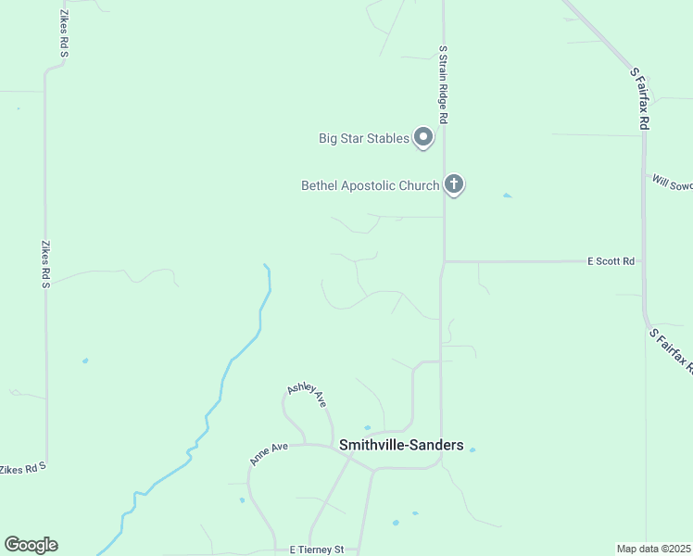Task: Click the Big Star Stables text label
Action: pyautogui.click(x=363, y=139)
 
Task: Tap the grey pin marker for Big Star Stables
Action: pyautogui.click(x=424, y=138)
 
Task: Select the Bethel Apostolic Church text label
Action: pyautogui.click(x=370, y=185)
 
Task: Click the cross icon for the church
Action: pyautogui.click(x=454, y=184)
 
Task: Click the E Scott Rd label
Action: pyautogui.click(x=611, y=261)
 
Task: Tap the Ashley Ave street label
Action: pyautogui.click(x=308, y=395)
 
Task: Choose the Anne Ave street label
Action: pyautogui.click(x=269, y=453)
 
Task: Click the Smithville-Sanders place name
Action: pyautogui.click(x=401, y=445)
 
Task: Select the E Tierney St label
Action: pyautogui.click(x=316, y=550)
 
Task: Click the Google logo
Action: pyautogui.click(x=31, y=545)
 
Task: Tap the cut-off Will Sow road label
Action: pyautogui.click(x=672, y=183)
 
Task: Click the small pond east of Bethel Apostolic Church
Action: pyautogui.click(x=507, y=196)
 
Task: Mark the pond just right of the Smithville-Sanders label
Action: pyautogui.click(x=472, y=450)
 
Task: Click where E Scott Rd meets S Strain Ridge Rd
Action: pyautogui.click(x=444, y=261)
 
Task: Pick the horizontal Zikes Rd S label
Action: pyautogui.click(x=21, y=470)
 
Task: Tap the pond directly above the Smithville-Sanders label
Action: pyautogui.click(x=368, y=428)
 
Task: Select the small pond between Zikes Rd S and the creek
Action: pyautogui.click(x=85, y=360)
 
